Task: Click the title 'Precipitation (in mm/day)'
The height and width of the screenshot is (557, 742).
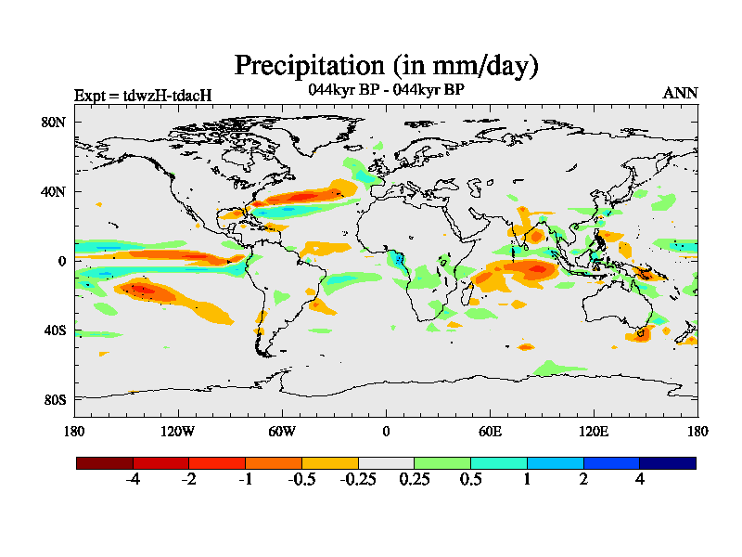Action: (x=386, y=66)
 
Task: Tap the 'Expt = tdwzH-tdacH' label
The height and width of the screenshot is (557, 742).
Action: (x=143, y=95)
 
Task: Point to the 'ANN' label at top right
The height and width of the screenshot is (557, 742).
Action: (x=680, y=93)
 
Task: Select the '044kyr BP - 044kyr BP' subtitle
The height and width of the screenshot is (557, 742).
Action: (x=386, y=90)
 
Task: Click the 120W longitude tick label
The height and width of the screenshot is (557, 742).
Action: (x=178, y=431)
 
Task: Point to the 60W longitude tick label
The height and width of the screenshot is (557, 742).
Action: (x=282, y=431)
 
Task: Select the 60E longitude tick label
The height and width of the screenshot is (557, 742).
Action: (x=490, y=431)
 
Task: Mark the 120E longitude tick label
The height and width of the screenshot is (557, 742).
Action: (x=594, y=431)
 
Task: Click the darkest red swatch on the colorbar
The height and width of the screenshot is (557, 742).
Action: (x=105, y=462)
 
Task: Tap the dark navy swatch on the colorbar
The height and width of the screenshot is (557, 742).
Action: (x=667, y=462)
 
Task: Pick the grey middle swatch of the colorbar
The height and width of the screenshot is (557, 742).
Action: (x=386, y=462)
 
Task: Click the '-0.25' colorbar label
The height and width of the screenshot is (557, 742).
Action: (x=358, y=479)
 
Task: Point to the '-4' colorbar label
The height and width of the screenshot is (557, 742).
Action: (x=133, y=479)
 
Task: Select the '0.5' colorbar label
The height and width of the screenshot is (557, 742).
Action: (x=470, y=479)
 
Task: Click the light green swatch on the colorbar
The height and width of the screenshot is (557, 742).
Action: (x=442, y=462)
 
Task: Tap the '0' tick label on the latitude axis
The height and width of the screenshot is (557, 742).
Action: (x=61, y=261)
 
